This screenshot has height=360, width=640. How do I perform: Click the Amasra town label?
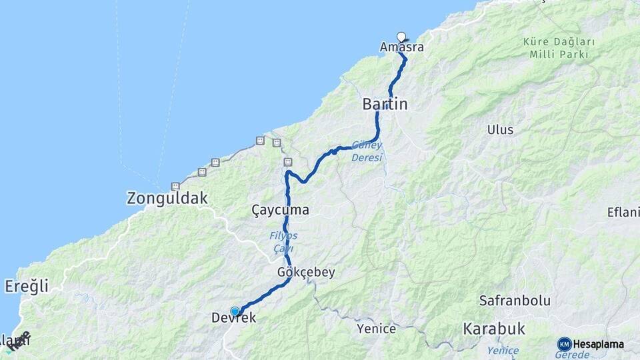[401, 47]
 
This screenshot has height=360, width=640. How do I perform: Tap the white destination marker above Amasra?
[401, 37]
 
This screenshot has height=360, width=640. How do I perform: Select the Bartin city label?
[385, 104]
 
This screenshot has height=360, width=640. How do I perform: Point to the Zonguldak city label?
[167, 198]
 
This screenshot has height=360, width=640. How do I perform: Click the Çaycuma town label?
[280, 210]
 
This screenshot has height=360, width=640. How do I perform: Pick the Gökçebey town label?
[306, 272]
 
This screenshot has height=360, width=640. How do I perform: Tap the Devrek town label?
[235, 319]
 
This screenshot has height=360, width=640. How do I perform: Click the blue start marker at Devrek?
[235, 311]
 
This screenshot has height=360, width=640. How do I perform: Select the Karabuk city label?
[494, 329]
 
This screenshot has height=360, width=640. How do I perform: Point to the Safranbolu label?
[515, 301]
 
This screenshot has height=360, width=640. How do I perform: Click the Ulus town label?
[500, 129]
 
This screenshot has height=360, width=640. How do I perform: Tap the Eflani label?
[623, 213]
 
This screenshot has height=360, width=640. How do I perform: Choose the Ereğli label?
[27, 286]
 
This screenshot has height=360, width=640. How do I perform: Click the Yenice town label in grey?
[376, 329]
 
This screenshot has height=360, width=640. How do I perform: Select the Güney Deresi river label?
[367, 151]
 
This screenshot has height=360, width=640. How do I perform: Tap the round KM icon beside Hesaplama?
[564, 344]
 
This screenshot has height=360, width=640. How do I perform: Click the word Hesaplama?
[598, 344]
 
